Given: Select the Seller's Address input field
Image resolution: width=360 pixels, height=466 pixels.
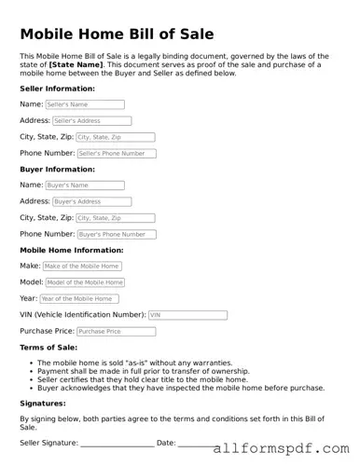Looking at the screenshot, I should pos(91,121).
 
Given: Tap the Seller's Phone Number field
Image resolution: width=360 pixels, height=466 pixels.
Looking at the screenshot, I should pos(116,153).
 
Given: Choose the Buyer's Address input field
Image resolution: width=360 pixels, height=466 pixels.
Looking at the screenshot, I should pos(91,201).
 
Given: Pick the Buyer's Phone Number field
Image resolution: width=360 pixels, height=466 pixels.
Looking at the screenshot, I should pos(116,234).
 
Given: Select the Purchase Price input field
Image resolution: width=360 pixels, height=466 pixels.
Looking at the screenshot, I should pos(116,331).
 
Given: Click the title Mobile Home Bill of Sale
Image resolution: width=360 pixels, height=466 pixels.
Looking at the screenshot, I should pos(117,34).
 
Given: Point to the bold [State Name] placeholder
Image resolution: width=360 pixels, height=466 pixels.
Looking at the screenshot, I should pos(76,64).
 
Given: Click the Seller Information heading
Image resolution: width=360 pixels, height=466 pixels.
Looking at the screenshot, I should pos(57,89).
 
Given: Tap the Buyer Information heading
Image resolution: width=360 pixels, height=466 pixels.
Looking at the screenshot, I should pos(56,170).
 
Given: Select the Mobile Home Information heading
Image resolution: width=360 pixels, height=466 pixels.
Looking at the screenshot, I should pos(71,250).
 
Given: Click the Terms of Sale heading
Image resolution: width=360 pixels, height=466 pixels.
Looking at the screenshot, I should pos(48,348).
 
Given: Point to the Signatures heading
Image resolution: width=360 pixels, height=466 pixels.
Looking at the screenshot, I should pos(43,404).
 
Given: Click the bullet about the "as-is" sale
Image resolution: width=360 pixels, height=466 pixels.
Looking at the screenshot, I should pos(130,362).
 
